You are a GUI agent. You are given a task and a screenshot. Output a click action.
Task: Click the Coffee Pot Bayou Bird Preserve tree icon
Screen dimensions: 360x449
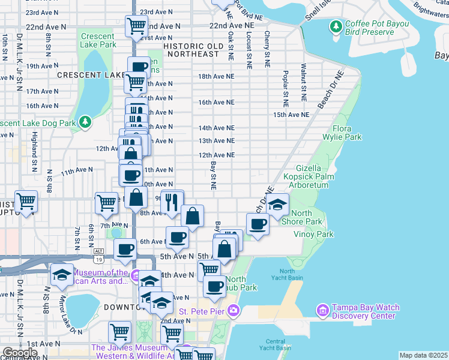coord(336,26)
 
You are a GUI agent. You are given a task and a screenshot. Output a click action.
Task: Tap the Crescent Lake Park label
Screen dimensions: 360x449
coord(98,40)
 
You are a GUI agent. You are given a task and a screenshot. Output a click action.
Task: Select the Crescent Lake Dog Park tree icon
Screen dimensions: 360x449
coord(86,122)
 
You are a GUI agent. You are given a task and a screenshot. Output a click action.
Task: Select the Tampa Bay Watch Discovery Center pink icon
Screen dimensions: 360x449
coord(322,310)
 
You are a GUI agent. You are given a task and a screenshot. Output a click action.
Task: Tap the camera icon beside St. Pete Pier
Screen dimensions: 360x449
coord(232,311)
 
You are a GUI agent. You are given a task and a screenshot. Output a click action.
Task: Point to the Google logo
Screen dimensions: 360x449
coord(20,353)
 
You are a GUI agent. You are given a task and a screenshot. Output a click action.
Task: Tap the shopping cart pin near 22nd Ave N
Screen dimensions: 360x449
coord(137,26)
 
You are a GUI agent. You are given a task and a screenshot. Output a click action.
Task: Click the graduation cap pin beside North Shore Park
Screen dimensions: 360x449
coord(277,205)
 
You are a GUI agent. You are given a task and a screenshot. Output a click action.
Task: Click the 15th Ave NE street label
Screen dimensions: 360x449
coord(291,114)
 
